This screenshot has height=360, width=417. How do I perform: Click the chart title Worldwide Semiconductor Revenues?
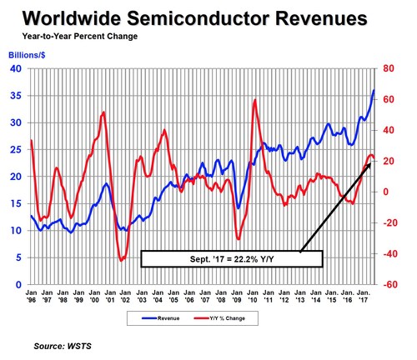coord(208,19)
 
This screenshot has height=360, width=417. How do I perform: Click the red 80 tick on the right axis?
coord(388,68)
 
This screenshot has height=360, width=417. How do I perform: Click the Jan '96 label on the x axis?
coord(31,298)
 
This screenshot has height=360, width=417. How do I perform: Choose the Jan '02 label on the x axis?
coord(126,298)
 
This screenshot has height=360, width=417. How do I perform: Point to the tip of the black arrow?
coord(368,164)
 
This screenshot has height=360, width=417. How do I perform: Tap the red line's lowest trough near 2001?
coord(122,261)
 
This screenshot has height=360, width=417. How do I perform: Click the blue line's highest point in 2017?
coord(374,89)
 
